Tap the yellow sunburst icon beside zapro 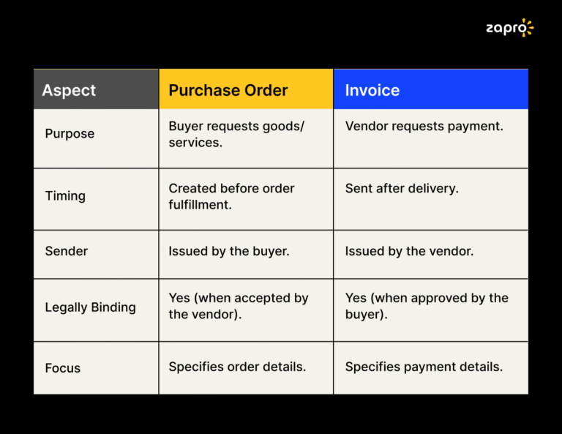click(x=526, y=28)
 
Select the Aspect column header click(x=69, y=90)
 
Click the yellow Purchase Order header click(x=228, y=90)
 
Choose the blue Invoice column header click(x=372, y=90)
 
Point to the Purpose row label click(x=70, y=134)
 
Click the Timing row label click(x=65, y=196)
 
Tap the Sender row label click(x=67, y=251)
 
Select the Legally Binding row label click(x=91, y=307)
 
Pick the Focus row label click(x=63, y=368)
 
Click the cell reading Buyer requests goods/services click(x=236, y=134)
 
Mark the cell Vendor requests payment click(x=424, y=126)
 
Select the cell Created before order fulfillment click(x=232, y=196)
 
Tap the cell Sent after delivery click(x=402, y=188)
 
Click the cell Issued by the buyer click(x=229, y=251)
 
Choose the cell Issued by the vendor click(x=409, y=251)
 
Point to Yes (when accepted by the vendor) click(x=239, y=306)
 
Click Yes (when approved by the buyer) click(x=427, y=306)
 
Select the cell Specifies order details click(x=237, y=367)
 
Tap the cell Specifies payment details click(x=424, y=367)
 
